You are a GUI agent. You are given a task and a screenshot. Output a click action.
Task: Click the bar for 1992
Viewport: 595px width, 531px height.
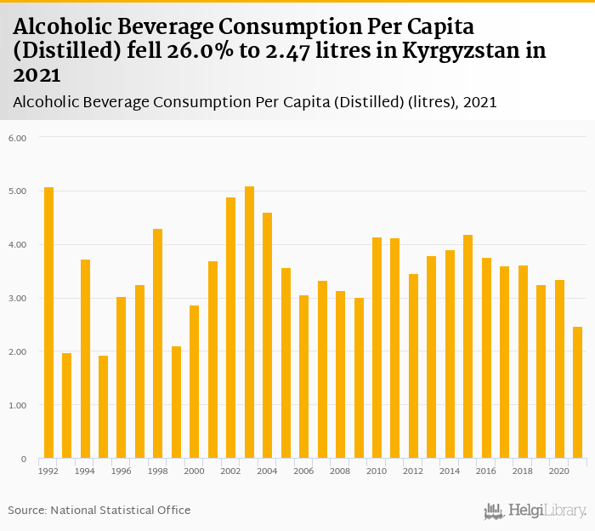(x=48, y=323)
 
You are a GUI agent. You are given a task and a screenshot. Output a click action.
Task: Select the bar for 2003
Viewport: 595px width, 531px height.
(x=249, y=323)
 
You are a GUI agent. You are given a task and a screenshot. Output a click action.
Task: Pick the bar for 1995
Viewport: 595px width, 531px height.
(x=103, y=407)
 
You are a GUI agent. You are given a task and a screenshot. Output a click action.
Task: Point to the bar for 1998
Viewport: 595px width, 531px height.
(x=157, y=344)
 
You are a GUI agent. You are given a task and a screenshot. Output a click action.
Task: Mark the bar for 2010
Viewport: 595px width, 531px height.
(x=377, y=348)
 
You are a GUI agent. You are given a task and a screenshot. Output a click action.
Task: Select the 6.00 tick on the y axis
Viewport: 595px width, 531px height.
(x=18, y=138)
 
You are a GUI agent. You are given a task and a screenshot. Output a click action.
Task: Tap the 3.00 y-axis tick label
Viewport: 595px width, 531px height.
(x=18, y=299)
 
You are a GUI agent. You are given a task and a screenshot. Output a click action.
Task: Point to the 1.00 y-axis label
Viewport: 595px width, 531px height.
(x=18, y=406)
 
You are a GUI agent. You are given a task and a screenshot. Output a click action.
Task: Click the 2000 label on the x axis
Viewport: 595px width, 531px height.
(x=194, y=471)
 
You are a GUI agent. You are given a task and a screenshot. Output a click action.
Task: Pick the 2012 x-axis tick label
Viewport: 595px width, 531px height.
(x=412, y=471)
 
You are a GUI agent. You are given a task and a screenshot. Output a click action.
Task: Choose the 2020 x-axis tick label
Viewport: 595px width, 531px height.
(x=558, y=471)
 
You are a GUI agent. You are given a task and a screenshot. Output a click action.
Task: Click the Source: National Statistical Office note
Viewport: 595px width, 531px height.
(x=99, y=510)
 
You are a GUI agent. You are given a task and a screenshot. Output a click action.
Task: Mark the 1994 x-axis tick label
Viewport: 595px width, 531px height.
(x=85, y=471)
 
